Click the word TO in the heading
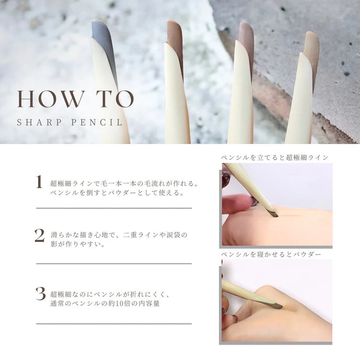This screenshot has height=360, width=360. (x=115, y=99)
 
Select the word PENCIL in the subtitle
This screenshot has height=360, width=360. (x=96, y=122)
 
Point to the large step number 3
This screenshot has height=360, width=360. (x=40, y=294)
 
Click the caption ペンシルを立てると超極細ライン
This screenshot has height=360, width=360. (x=275, y=157)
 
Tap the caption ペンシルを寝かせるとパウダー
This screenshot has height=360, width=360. (x=271, y=255)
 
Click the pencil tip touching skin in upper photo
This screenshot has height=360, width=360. (x=274, y=214)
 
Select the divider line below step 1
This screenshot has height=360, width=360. (x=114, y=208)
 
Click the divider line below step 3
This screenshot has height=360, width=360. (x=114, y=324)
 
